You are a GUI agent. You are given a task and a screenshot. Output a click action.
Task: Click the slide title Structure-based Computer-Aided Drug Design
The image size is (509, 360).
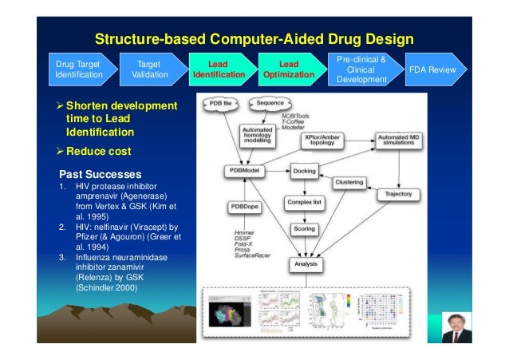254,39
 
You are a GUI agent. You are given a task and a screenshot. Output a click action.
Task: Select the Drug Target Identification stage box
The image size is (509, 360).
79,69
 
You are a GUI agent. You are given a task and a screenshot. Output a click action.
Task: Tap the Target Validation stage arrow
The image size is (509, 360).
149,69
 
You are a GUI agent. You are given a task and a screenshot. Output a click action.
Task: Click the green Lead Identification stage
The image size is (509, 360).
218,69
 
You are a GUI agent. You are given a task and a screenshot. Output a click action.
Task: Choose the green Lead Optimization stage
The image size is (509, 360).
288,69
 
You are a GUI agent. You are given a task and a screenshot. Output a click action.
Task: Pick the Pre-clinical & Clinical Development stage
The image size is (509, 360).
360,69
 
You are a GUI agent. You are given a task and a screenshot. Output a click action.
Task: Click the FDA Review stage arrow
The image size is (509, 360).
432,69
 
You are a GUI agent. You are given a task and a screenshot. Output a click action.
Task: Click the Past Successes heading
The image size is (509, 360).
100,174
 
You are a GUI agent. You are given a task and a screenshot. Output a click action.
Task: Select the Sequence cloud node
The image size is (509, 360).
270,104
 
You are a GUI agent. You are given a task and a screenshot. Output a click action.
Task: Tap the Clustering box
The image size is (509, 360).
349,183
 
